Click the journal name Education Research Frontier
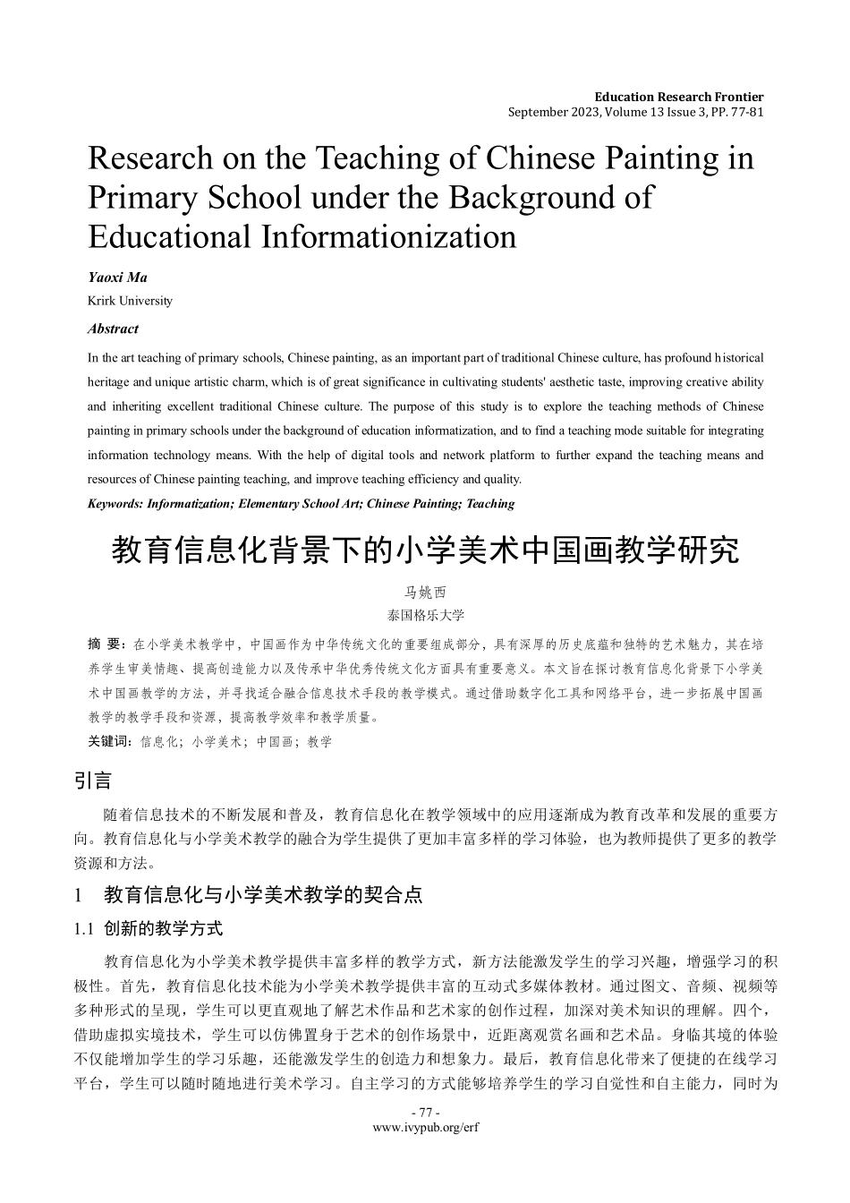coord(678,97)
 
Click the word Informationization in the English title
coord(388,236)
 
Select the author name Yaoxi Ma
coord(117,277)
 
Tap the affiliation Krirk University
coord(130,301)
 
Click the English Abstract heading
coord(113,328)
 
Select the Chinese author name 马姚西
coord(425,593)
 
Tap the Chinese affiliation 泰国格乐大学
coord(425,615)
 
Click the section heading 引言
coord(92,781)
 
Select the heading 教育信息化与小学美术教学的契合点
coord(263,894)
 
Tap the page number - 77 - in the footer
coord(425,1113)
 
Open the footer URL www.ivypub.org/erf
coord(425,1128)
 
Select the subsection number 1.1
coord(83,929)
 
